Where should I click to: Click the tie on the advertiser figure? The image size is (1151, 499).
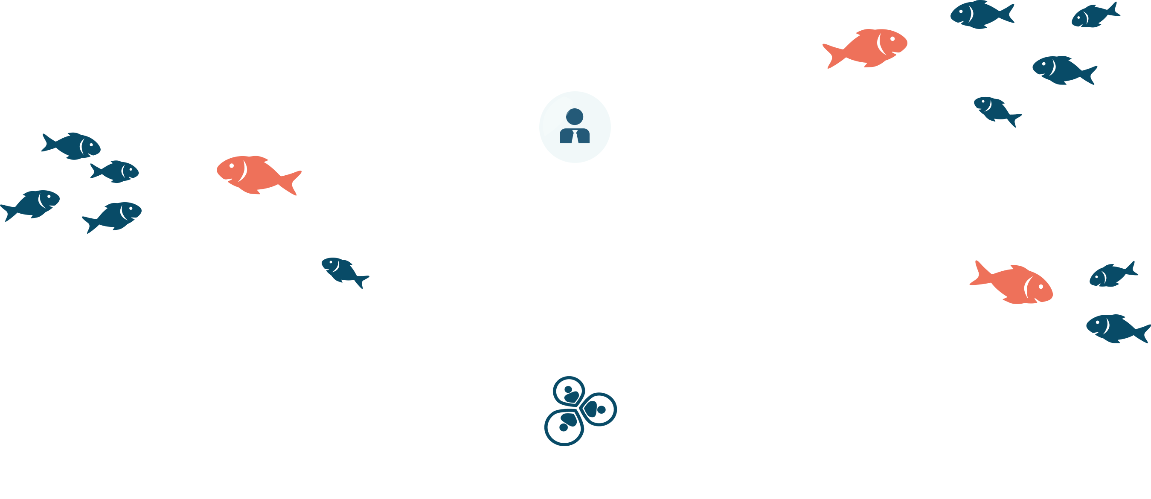tap(575, 136)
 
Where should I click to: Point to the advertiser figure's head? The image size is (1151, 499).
tap(575, 116)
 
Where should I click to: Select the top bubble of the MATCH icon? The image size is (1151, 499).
tap(569, 392)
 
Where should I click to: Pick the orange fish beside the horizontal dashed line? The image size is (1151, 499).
tap(1012, 284)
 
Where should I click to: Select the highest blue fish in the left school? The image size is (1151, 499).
tap(72, 145)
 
